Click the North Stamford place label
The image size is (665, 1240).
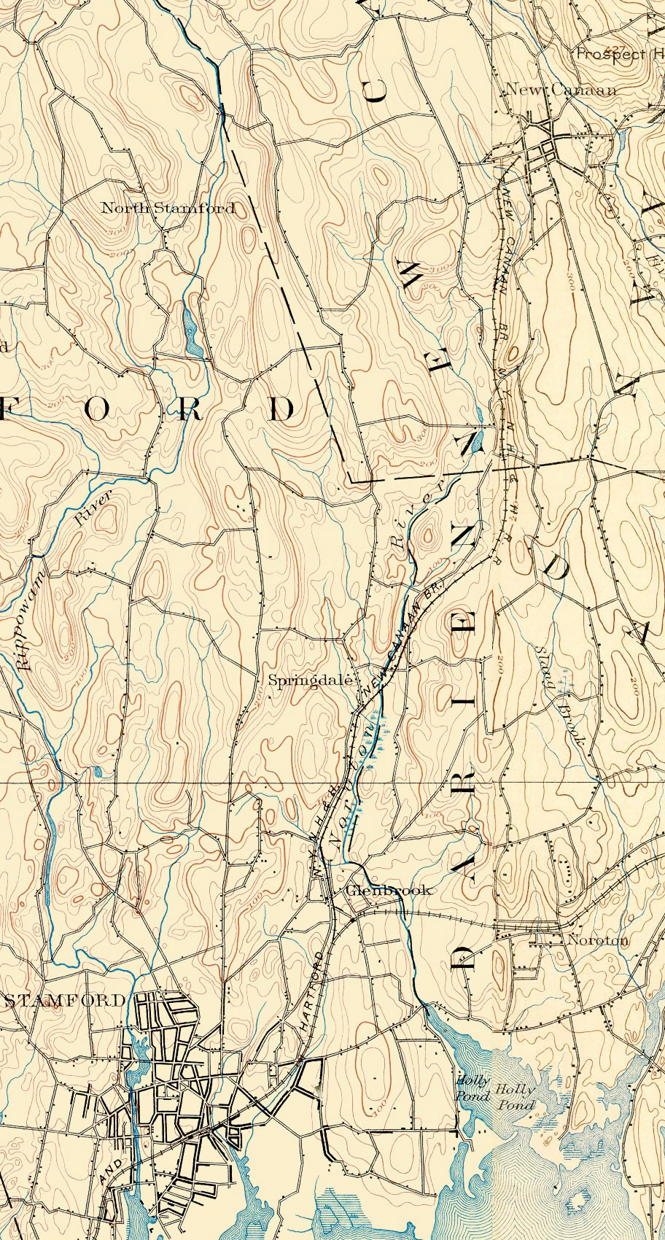[x=168, y=208]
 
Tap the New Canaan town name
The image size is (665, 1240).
[x=561, y=90]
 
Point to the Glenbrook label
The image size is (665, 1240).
[x=389, y=890]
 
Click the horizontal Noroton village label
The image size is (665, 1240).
[x=597, y=940]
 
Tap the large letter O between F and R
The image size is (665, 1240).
[x=98, y=410]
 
